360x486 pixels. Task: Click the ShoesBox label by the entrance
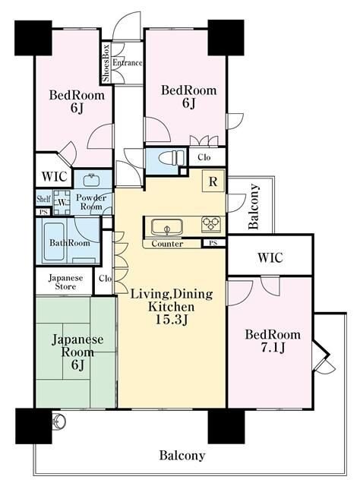pyautogui.click(x=106, y=62)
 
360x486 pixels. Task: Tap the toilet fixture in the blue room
pyautogui.click(x=172, y=157)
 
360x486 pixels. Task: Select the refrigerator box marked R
pyautogui.click(x=213, y=181)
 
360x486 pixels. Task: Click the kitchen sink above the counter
pyautogui.click(x=166, y=227)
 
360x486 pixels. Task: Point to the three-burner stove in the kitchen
pyautogui.click(x=211, y=224)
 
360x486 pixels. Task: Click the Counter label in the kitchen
pyautogui.click(x=167, y=244)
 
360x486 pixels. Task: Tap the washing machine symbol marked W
pyautogui.click(x=62, y=203)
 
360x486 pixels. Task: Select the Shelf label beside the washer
pyautogui.click(x=43, y=198)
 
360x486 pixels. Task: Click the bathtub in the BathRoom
pyautogui.click(x=54, y=241)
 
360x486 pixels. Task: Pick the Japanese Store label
pyautogui.click(x=66, y=282)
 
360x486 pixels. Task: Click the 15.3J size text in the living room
pyautogui.click(x=171, y=320)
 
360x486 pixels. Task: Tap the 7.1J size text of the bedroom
pyautogui.click(x=273, y=348)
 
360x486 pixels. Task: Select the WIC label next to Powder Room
pyautogui.click(x=54, y=176)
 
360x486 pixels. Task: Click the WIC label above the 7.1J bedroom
pyautogui.click(x=270, y=257)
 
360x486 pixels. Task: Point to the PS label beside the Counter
pyautogui.click(x=213, y=243)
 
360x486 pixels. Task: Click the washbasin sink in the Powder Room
pyautogui.click(x=92, y=179)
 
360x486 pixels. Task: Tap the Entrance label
pyautogui.click(x=128, y=62)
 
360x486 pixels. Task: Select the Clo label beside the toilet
pyautogui.click(x=204, y=157)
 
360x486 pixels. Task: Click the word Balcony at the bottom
pyautogui.click(x=182, y=456)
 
